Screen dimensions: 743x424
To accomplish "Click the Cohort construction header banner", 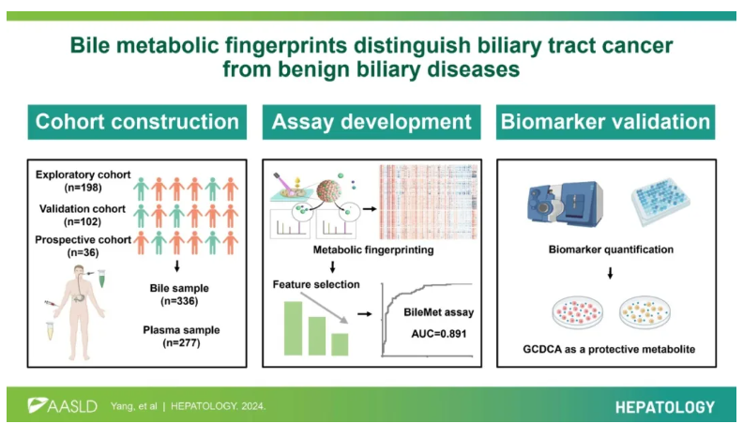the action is point(137,122).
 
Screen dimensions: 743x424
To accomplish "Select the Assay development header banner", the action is point(371,122).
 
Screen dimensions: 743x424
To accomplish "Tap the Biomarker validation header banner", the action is point(606,122).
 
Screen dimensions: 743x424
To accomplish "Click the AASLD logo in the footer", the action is point(62,405).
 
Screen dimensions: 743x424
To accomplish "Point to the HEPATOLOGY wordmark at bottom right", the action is point(665,407).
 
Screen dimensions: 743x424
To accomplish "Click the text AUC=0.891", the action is point(439,334).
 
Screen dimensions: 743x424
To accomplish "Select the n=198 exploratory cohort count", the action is point(83,188).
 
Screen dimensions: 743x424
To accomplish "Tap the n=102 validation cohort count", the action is point(83,221).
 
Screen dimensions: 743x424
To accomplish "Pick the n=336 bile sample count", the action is point(179,301).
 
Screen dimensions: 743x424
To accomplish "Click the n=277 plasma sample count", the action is point(181,342).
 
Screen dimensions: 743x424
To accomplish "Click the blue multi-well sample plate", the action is point(660,202).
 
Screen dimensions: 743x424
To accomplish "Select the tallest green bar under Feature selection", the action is point(293,328).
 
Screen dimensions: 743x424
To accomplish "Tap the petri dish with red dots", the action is point(578,311).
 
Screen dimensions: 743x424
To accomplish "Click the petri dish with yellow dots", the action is point(644,311).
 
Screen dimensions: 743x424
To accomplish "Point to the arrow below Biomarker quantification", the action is point(611,273).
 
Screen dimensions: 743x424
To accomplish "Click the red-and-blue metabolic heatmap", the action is point(429,202).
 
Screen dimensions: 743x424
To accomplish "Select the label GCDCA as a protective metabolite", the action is point(609,349).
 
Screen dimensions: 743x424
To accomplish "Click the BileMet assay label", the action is point(439,312).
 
